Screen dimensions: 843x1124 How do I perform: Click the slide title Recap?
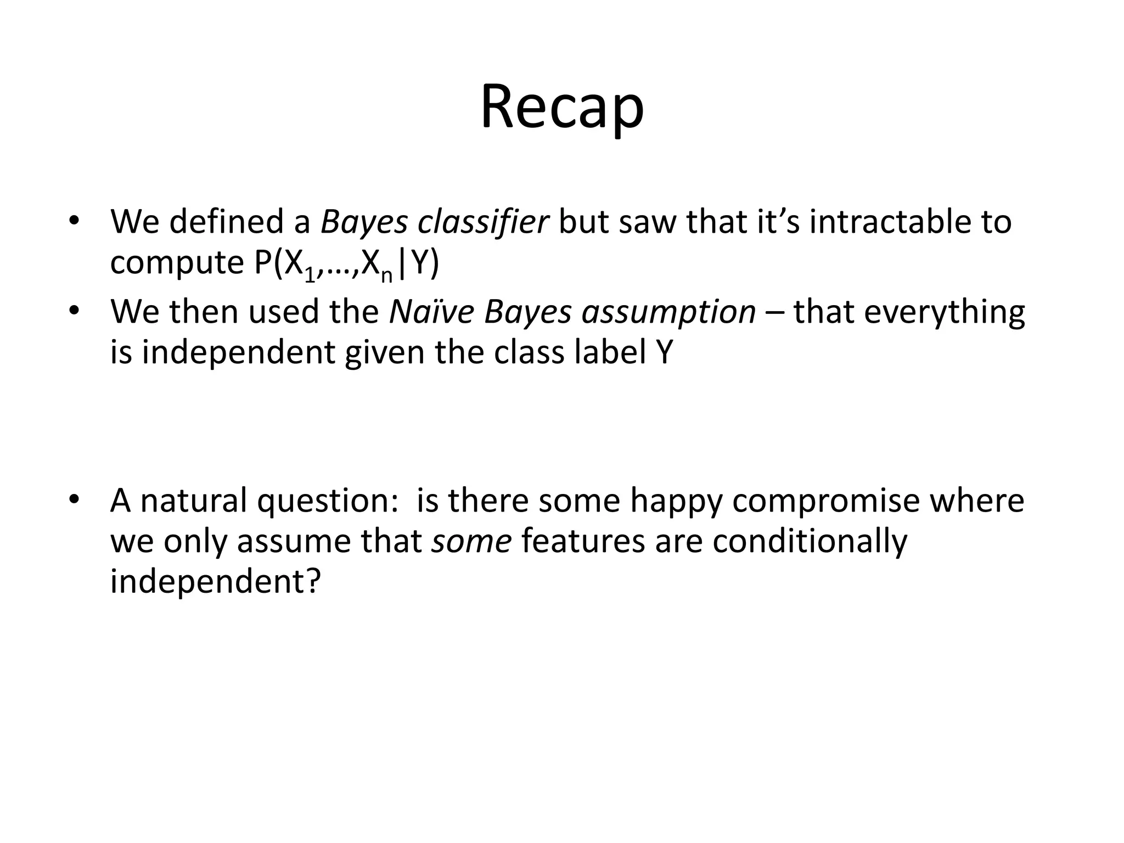click(562, 107)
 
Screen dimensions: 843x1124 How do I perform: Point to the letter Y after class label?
click(664, 352)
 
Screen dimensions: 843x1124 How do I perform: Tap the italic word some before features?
click(471, 541)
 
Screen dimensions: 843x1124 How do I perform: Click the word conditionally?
click(810, 542)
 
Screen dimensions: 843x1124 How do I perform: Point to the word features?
click(582, 541)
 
